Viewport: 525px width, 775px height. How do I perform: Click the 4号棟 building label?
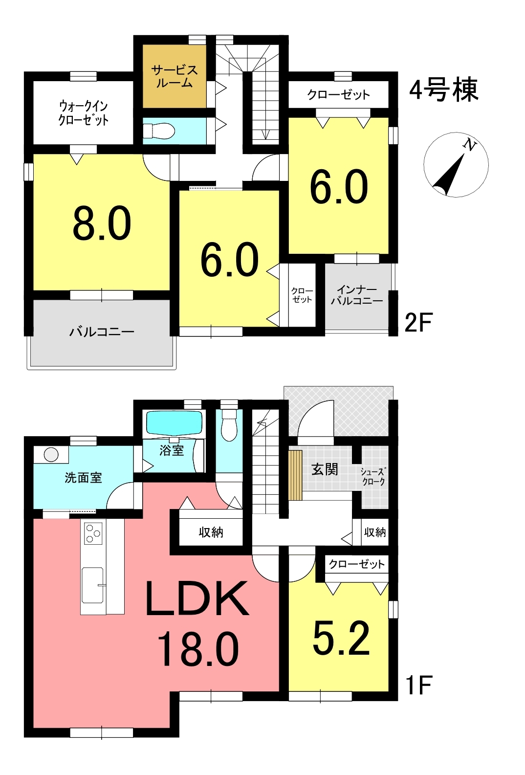(x=444, y=90)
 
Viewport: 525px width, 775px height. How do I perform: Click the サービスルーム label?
(x=175, y=76)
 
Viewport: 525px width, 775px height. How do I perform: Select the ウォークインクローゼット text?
(x=84, y=113)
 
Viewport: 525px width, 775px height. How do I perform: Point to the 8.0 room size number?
(x=102, y=223)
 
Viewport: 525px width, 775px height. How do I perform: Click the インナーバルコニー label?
(x=356, y=295)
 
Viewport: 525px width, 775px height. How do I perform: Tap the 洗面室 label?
(x=84, y=478)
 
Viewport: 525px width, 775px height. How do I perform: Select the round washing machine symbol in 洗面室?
(x=51, y=454)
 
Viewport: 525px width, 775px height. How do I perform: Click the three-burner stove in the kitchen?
(x=93, y=533)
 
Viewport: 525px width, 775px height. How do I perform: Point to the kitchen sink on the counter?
(x=92, y=585)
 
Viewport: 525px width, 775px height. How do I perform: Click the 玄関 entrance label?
(x=325, y=469)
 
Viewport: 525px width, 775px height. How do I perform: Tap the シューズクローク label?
(x=373, y=476)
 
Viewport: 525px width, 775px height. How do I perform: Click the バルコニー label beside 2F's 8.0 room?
(x=102, y=332)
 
